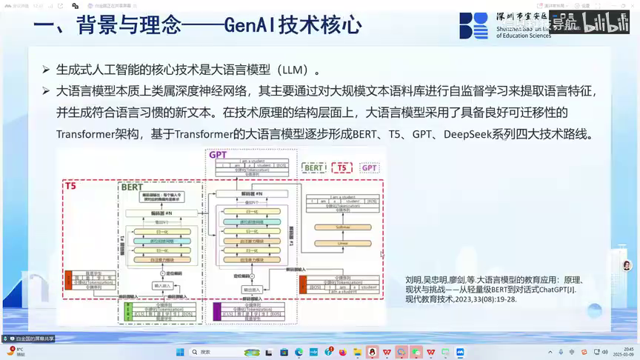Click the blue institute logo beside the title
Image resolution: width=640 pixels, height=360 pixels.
pos(474,25)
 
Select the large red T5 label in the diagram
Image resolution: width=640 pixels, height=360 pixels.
pos(70,186)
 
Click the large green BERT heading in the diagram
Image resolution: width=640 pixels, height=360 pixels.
pos(132,187)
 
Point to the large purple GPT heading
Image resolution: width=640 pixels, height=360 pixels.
pos(218,155)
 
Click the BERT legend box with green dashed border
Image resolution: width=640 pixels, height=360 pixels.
pos(314,168)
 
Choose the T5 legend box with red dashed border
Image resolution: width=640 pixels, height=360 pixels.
pos(341,168)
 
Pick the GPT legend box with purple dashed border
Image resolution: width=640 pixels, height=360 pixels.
pos(369,168)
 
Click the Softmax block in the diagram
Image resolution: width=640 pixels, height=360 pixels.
pos(342,227)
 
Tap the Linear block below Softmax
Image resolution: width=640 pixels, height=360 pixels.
pos(342,242)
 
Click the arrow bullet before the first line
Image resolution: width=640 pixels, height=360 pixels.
pos(46,70)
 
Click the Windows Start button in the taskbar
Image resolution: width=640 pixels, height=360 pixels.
pos(179,352)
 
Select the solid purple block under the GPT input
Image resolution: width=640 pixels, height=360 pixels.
pos(217,310)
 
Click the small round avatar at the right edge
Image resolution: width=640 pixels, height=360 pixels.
pos(627,265)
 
